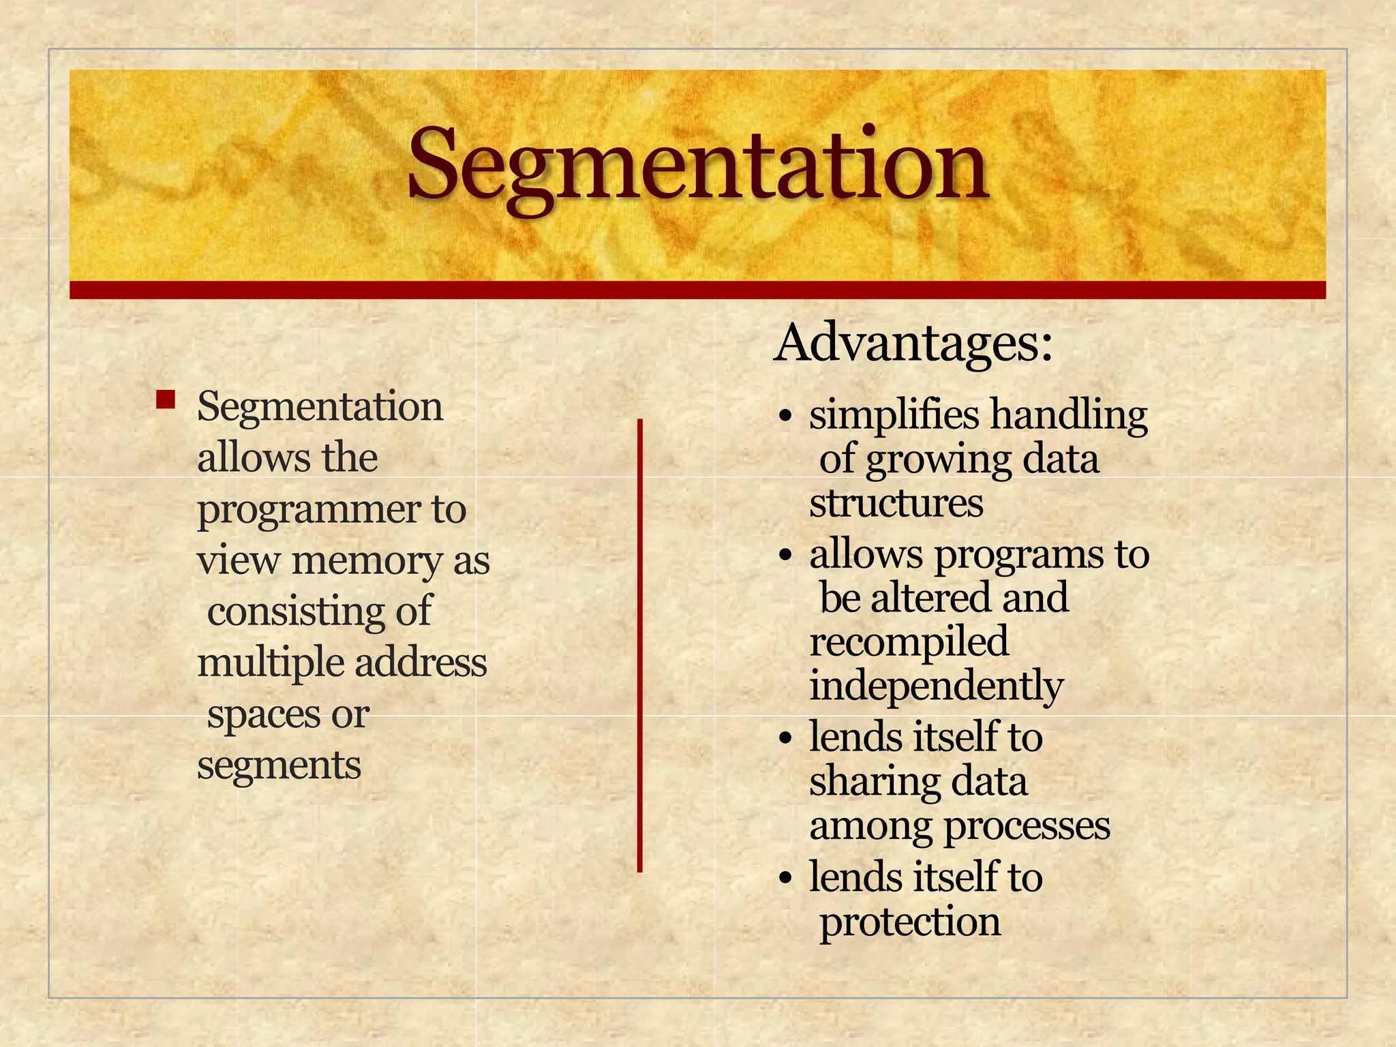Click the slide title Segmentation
(698, 167)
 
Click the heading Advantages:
(914, 343)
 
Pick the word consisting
(294, 610)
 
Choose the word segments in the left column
(279, 765)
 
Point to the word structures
(896, 504)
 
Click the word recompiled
(909, 643)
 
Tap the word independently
(936, 687)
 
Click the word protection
(910, 922)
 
